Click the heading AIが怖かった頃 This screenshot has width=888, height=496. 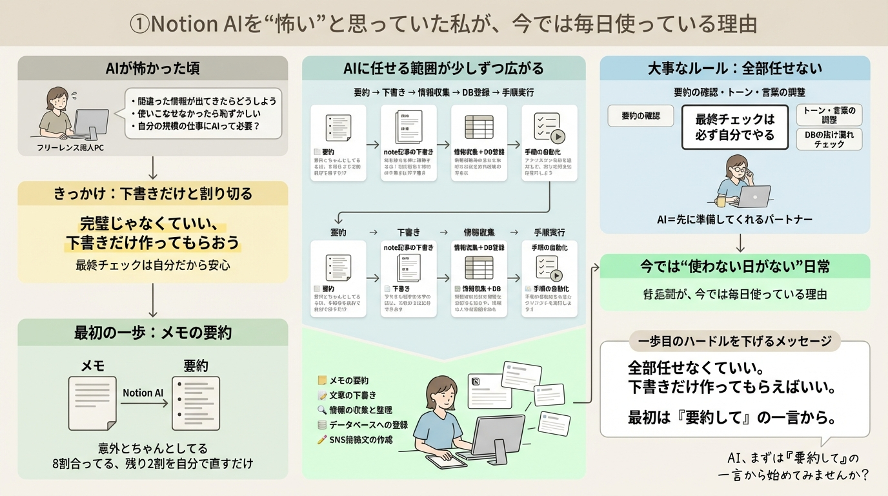[153, 68]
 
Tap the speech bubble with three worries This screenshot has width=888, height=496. [203, 113]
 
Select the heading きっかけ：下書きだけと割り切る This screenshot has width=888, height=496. [153, 193]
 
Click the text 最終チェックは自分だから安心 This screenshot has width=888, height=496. [153, 265]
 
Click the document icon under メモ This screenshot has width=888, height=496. [93, 403]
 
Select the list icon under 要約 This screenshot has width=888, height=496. [196, 403]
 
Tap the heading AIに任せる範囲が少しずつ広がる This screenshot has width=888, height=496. [444, 68]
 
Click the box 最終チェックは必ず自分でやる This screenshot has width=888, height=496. [734, 127]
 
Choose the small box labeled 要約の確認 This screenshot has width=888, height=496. [641, 116]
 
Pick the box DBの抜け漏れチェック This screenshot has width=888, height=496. [829, 139]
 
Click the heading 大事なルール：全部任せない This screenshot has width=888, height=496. [734, 68]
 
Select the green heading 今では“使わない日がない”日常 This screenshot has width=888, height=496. [734, 266]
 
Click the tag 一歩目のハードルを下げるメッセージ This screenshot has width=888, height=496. [734, 341]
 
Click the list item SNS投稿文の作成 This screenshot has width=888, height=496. [361, 440]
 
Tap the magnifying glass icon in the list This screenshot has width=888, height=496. [322, 410]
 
